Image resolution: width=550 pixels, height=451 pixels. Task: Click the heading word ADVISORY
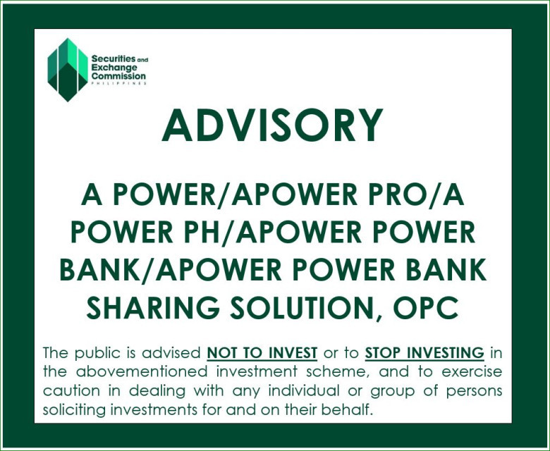coord(272,125)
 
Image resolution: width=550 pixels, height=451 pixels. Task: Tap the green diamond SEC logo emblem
coord(68,70)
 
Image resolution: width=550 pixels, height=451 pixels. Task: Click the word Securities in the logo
coord(114,59)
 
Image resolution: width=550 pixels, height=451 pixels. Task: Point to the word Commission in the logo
coord(118,76)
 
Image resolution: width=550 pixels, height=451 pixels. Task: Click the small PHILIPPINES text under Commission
coord(118,83)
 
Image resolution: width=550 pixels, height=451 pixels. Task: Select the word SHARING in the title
coord(153,307)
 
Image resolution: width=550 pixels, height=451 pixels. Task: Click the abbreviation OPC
coord(425,307)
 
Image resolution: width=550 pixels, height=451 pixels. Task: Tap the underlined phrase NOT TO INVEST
coord(262,353)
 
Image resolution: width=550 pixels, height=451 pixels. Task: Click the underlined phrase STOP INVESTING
coord(424,353)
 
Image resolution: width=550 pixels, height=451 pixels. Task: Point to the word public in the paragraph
coord(97,353)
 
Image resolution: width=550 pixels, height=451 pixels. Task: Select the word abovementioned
coord(142,371)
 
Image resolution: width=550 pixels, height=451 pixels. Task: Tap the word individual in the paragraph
coord(304,390)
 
